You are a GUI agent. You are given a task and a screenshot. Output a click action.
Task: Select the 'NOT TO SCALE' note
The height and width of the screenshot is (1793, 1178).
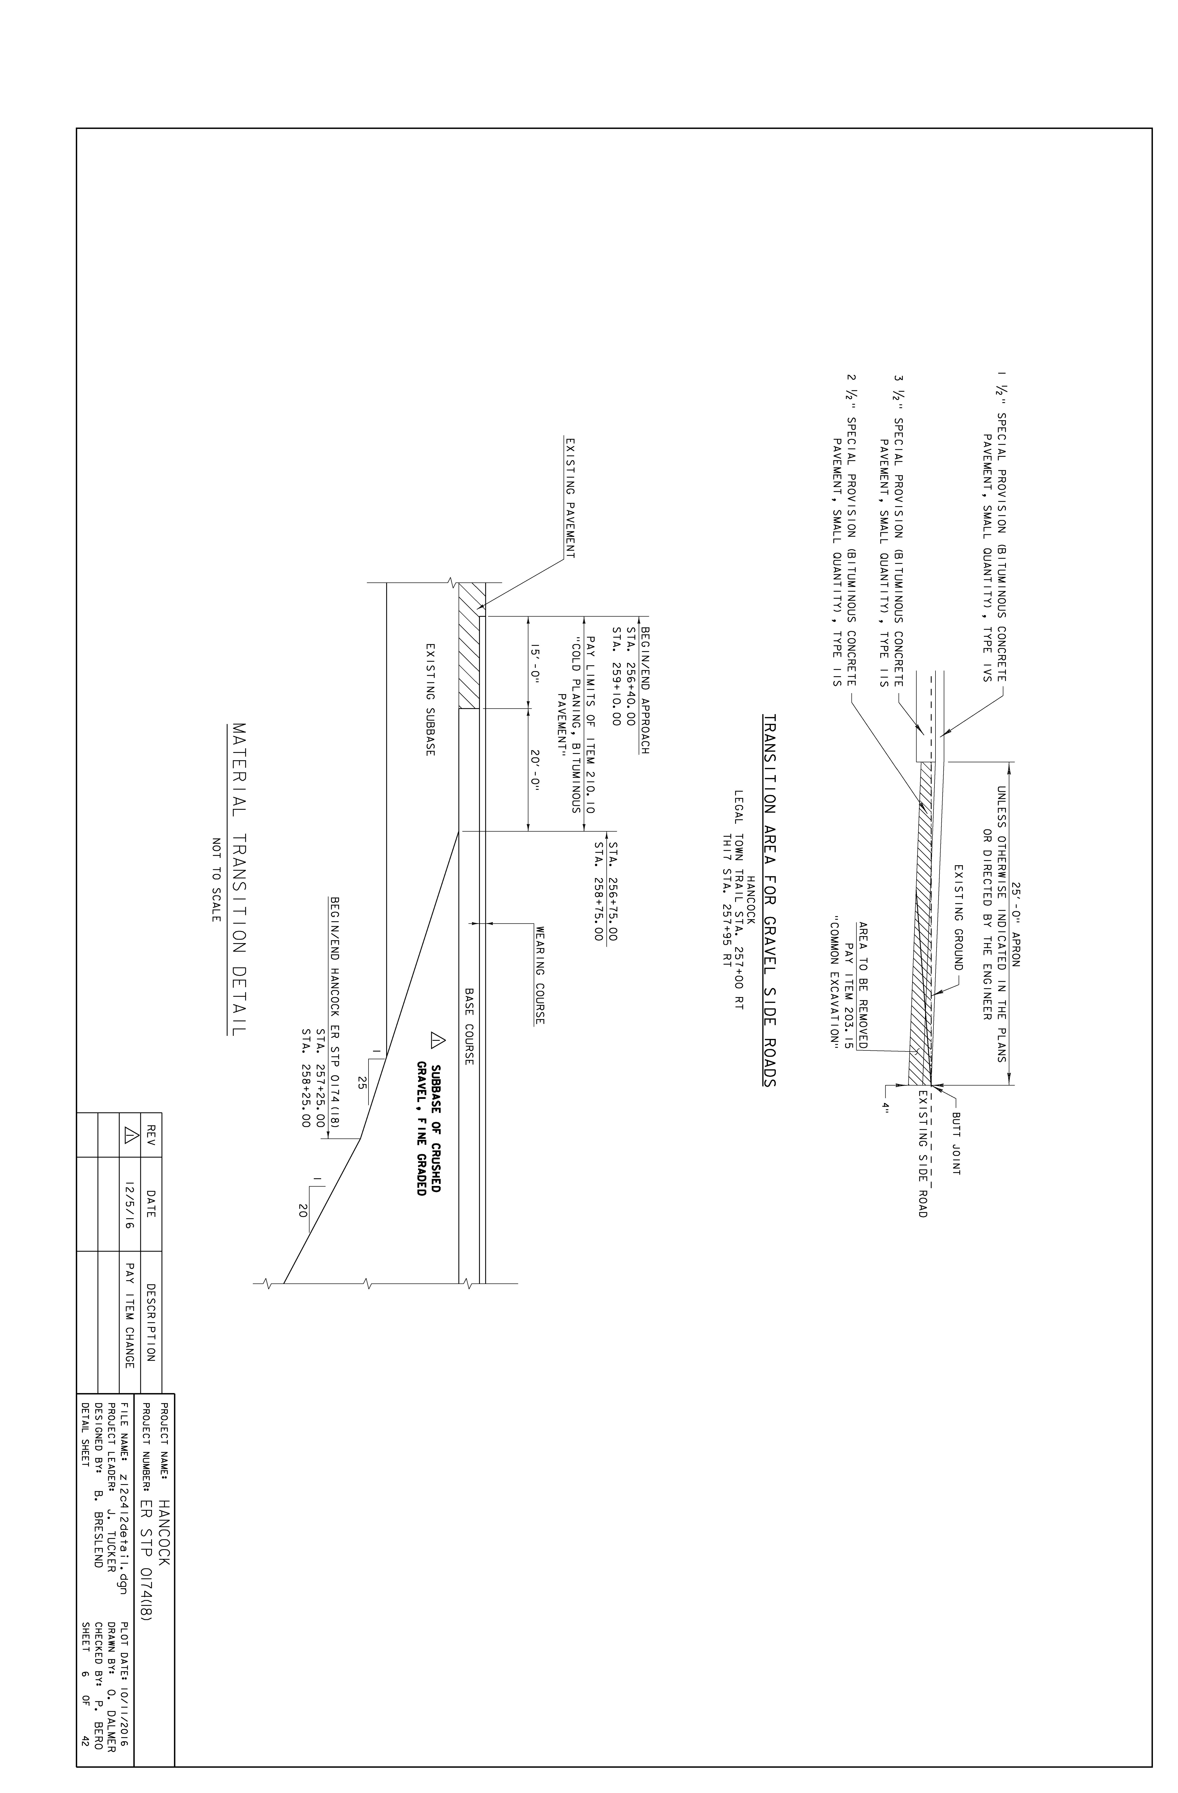[x=216, y=880]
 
